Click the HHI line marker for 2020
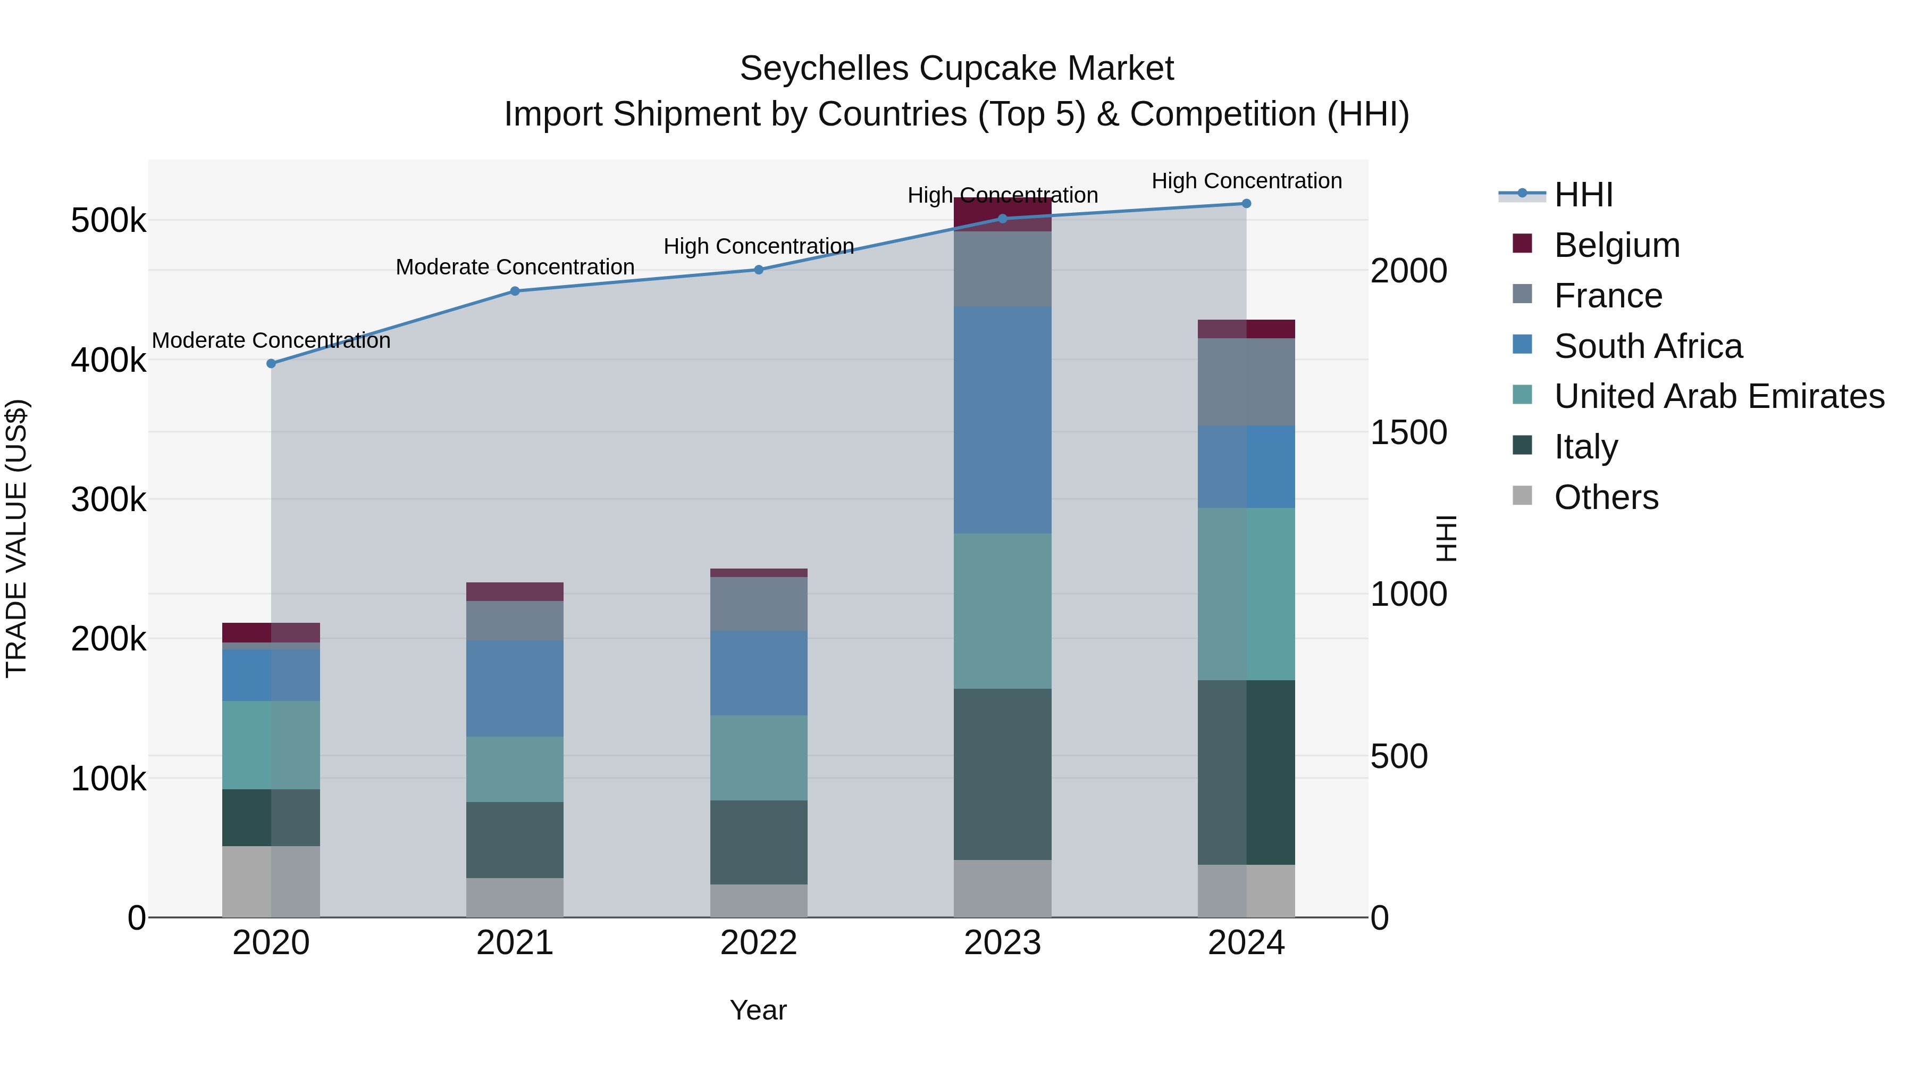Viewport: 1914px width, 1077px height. [x=271, y=363]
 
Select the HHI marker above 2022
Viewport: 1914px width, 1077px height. [x=759, y=270]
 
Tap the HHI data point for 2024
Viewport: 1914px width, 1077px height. [x=1246, y=204]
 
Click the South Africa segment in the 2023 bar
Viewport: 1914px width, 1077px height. [x=1002, y=420]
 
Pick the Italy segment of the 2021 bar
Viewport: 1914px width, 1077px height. [x=515, y=840]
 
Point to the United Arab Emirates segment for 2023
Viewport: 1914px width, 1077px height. [x=1002, y=611]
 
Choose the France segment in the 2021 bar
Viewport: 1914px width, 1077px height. [x=515, y=621]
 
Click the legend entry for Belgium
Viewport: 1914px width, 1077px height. [x=1616, y=245]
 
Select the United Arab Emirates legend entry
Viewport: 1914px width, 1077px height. [x=1718, y=396]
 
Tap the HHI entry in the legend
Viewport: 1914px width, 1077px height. [x=1583, y=195]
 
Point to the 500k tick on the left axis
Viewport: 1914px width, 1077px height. [x=108, y=221]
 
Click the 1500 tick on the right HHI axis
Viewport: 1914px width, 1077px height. [x=1408, y=432]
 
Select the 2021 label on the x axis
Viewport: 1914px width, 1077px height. [x=515, y=943]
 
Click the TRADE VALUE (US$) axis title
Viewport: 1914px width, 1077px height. [x=17, y=538]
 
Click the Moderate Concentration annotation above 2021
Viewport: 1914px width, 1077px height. [x=515, y=267]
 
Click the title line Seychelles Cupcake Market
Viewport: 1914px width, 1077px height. [x=956, y=69]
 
